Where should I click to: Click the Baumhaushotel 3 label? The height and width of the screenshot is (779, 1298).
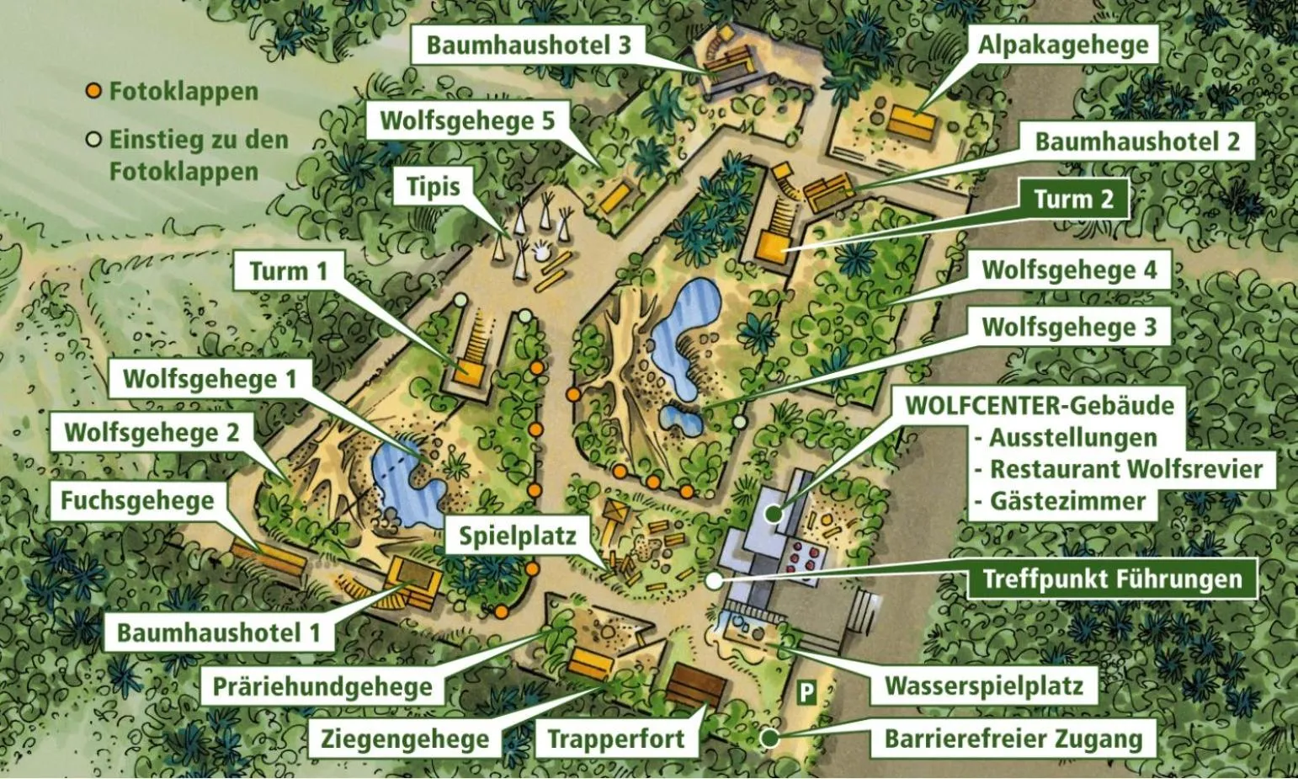[x=528, y=45]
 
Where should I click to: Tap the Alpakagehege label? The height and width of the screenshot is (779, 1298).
[x=1062, y=45]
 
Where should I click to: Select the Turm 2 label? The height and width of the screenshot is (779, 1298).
[x=1073, y=200]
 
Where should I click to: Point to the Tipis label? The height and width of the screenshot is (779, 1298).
[x=434, y=186]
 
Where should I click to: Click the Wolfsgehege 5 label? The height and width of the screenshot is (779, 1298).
[x=467, y=120]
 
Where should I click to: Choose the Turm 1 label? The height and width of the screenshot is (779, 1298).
[x=288, y=271]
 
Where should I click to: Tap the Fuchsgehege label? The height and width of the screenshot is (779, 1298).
[x=137, y=502]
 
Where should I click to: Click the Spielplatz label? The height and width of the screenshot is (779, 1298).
[x=517, y=536]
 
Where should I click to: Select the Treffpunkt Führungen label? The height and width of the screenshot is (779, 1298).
[x=1112, y=579]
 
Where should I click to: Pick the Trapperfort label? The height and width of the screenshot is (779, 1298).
[x=616, y=739]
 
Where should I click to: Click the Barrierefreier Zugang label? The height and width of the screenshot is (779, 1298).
[x=1013, y=739]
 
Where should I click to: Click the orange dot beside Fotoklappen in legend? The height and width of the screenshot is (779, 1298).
[x=94, y=91]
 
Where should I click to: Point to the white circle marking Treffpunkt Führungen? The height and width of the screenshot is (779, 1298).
[x=714, y=579]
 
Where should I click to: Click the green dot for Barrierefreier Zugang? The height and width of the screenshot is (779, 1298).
[x=769, y=739]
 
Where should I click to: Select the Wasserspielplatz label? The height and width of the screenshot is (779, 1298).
[x=983, y=686]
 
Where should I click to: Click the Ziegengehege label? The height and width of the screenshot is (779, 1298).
[x=404, y=739]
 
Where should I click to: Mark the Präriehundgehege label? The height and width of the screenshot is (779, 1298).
[x=322, y=686]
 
